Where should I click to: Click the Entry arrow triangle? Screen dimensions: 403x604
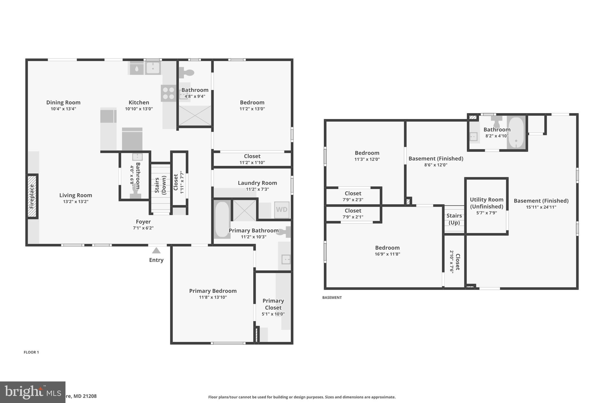156,251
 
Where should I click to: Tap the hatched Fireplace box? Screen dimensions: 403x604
32,196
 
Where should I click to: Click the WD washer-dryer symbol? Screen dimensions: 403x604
281,210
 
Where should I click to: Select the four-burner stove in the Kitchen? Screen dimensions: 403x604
168,93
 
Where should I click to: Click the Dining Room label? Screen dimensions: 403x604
63,102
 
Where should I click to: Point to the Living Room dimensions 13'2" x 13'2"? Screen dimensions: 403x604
75,202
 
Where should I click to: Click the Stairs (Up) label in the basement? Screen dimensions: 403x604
454,219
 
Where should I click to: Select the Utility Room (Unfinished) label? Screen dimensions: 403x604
486,203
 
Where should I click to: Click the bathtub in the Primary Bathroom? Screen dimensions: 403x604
221,219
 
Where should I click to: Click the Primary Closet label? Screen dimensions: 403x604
273,304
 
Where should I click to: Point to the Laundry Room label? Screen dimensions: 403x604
257,183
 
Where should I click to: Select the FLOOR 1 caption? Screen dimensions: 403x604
31,352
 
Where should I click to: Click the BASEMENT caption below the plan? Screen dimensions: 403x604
332,298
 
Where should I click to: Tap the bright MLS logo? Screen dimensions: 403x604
32,392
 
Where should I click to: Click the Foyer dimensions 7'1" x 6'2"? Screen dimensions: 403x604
143,228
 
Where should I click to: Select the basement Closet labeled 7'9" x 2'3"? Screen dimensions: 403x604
353,196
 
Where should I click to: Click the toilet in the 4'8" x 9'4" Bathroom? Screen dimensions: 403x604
186,73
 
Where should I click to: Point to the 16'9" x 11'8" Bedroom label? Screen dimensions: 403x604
387,248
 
